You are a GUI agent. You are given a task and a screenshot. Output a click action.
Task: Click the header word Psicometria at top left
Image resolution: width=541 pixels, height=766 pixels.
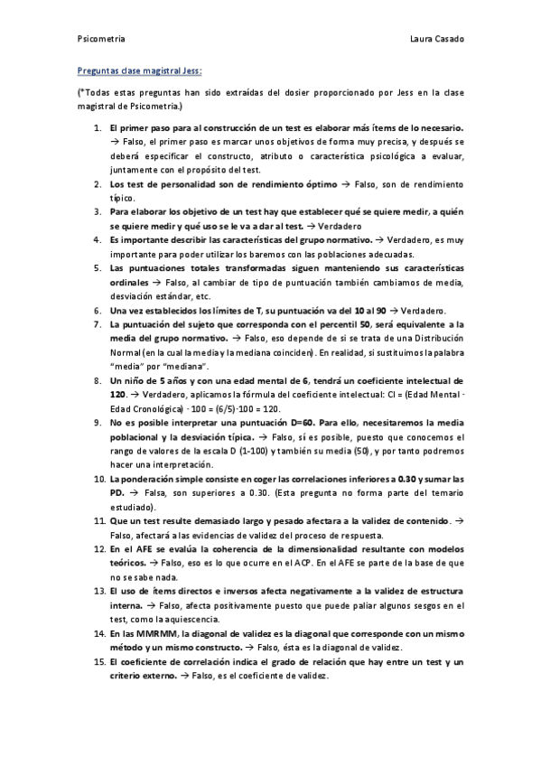(x=100, y=41)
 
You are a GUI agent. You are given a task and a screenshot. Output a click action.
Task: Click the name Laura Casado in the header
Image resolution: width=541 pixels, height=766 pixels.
(x=436, y=41)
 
